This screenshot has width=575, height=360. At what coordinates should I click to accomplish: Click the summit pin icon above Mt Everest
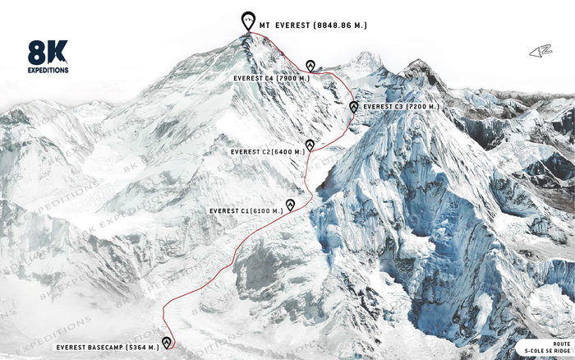(247, 21)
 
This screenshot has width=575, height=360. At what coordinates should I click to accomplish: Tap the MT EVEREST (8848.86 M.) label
(312, 25)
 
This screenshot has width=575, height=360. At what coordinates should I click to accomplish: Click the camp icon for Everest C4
(310, 66)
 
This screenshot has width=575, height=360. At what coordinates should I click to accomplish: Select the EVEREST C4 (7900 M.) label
(270, 78)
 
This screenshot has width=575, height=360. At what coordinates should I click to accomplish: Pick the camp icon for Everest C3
(353, 107)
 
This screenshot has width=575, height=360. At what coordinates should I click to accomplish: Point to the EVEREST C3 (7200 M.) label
(401, 107)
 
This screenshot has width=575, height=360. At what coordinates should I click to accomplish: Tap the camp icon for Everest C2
(310, 145)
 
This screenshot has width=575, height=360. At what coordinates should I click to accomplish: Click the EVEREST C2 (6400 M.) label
(268, 152)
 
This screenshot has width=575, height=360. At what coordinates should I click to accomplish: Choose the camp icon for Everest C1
(290, 205)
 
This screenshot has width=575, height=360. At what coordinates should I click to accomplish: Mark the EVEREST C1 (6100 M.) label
(246, 211)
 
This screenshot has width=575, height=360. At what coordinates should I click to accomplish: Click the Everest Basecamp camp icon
(167, 342)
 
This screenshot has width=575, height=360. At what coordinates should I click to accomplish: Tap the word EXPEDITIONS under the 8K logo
(47, 71)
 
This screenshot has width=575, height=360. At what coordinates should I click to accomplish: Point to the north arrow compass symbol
(540, 52)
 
